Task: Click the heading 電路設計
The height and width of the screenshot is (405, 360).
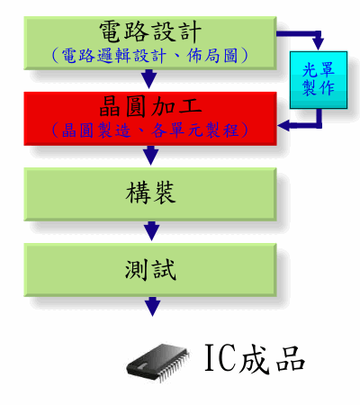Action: click(x=150, y=31)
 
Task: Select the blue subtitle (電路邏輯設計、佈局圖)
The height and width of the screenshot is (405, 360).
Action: click(x=150, y=56)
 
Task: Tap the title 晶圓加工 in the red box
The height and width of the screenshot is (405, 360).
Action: click(x=150, y=106)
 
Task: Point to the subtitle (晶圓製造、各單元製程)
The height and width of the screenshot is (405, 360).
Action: click(x=150, y=130)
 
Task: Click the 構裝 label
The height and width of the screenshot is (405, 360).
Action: click(x=150, y=193)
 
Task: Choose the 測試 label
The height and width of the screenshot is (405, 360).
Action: click(x=150, y=269)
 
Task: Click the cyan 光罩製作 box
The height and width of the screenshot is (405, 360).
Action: click(x=319, y=80)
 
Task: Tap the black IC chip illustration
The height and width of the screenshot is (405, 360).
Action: click(x=158, y=363)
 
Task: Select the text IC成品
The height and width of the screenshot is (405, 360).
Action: click(x=255, y=358)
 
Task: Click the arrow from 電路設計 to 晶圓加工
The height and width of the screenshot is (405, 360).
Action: click(x=149, y=79)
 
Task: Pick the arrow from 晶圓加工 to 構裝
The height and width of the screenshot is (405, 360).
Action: click(x=150, y=155)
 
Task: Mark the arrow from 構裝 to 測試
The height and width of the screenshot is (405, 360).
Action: click(x=151, y=231)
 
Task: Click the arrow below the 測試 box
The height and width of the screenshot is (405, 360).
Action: click(x=152, y=307)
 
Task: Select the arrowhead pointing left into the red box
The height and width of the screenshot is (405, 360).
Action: click(x=283, y=125)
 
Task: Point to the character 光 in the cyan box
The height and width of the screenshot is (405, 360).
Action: click(x=310, y=70)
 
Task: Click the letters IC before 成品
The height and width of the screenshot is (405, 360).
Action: click(x=219, y=357)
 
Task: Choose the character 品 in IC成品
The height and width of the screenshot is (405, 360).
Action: click(x=291, y=358)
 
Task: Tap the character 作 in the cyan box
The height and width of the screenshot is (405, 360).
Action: click(x=327, y=88)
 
